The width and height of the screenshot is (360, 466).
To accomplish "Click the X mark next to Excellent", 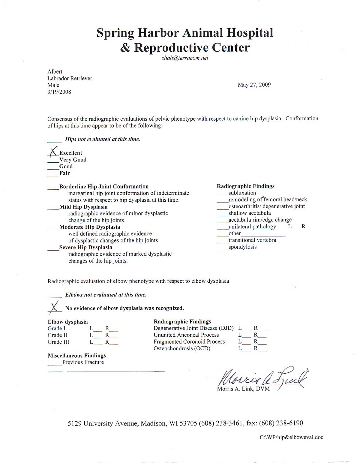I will (x=53, y=152).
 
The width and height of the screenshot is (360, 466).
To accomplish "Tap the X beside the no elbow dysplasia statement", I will (x=54, y=307).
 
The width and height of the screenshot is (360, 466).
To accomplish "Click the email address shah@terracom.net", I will (x=185, y=58).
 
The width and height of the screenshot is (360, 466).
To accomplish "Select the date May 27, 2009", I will (x=254, y=85).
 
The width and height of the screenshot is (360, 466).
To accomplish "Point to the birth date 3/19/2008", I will (x=59, y=92).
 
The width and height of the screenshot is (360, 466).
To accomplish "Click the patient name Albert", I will (x=55, y=72).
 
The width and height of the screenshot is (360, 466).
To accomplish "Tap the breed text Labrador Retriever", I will (x=70, y=78).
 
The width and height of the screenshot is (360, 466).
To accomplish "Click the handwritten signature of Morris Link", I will (x=261, y=378).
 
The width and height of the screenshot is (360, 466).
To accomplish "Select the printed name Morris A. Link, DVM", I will (x=243, y=389).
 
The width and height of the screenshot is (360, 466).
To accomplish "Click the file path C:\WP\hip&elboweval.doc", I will (x=291, y=437).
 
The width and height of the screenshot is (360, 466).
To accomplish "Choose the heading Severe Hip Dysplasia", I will (x=85, y=247).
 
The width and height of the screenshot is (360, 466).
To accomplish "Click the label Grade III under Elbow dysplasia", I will (x=58, y=342).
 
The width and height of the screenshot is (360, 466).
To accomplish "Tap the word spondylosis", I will (x=242, y=247).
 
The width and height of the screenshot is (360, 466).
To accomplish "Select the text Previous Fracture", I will (x=83, y=362).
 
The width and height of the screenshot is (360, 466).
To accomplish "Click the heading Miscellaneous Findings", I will (x=77, y=356).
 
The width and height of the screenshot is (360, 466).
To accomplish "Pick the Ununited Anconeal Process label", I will (x=186, y=335).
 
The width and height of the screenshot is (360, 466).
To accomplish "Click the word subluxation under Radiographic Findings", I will (x=242, y=193).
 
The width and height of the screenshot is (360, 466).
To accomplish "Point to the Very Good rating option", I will (x=73, y=160).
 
